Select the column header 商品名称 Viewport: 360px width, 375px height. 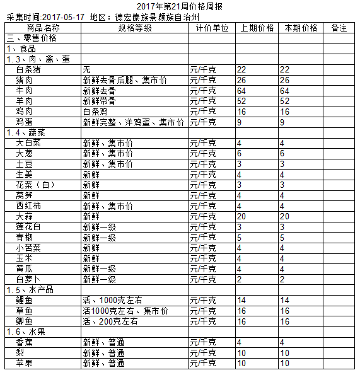click(44, 28)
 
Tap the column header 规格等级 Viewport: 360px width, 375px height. click(134, 28)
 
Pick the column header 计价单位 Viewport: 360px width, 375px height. click(212, 28)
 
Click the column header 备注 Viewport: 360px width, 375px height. click(339, 28)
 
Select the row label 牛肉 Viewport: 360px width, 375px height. click(25, 91)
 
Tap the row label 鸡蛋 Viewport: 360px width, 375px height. click(25, 122)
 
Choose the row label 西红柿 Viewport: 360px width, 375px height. click(28, 205)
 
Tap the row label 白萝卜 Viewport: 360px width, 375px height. click(28, 279)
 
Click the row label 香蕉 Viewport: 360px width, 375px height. click(25, 342)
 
